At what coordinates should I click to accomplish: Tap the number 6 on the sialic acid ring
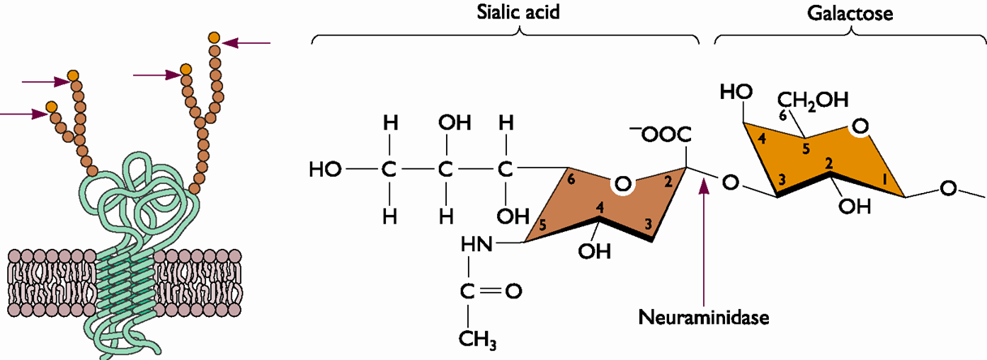coord(572,181)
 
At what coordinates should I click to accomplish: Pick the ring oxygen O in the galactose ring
coord(860,126)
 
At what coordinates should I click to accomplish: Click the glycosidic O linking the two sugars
coord(730,184)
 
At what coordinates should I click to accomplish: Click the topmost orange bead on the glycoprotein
coord(214,37)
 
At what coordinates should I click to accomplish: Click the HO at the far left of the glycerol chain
coord(324,170)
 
